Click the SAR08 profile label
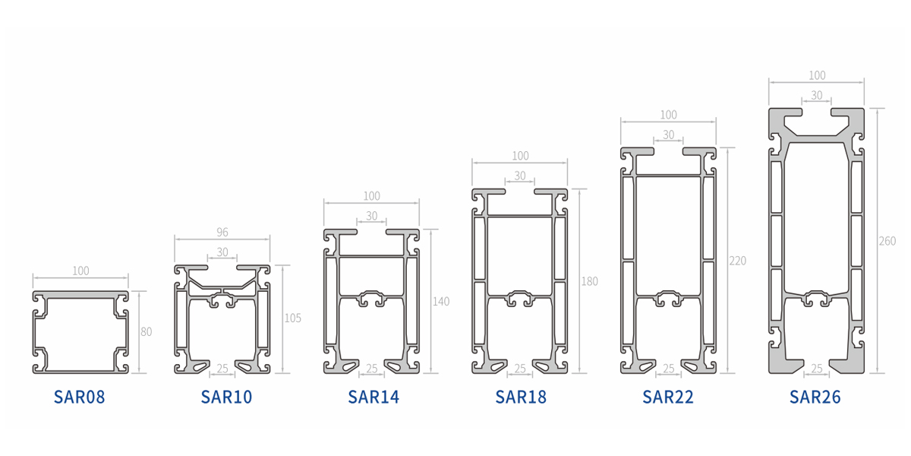(79, 397)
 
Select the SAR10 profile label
(226, 397)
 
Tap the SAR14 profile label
(374, 397)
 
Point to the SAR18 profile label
(521, 397)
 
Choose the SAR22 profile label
(668, 397)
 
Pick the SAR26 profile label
(815, 397)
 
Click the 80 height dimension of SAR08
(147, 332)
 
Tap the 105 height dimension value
(293, 318)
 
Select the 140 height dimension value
(441, 301)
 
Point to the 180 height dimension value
(589, 281)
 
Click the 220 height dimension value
(738, 261)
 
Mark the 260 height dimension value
(887, 241)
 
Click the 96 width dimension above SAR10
(222, 232)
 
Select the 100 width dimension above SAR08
(80, 271)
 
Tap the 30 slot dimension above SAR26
(817, 95)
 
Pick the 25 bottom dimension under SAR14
(372, 369)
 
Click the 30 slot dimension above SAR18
(520, 176)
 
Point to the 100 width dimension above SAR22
(669, 115)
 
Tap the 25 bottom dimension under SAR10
(222, 369)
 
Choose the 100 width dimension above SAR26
(817, 75)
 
